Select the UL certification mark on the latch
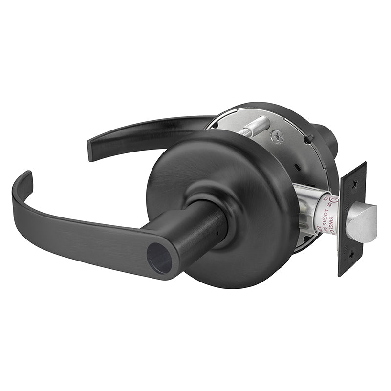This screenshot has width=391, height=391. click(x=332, y=200)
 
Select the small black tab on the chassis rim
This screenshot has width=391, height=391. click(x=308, y=140)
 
